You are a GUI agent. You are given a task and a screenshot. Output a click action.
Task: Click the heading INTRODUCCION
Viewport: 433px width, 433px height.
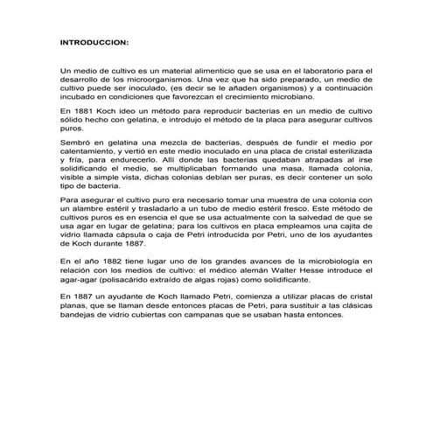click(94, 42)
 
